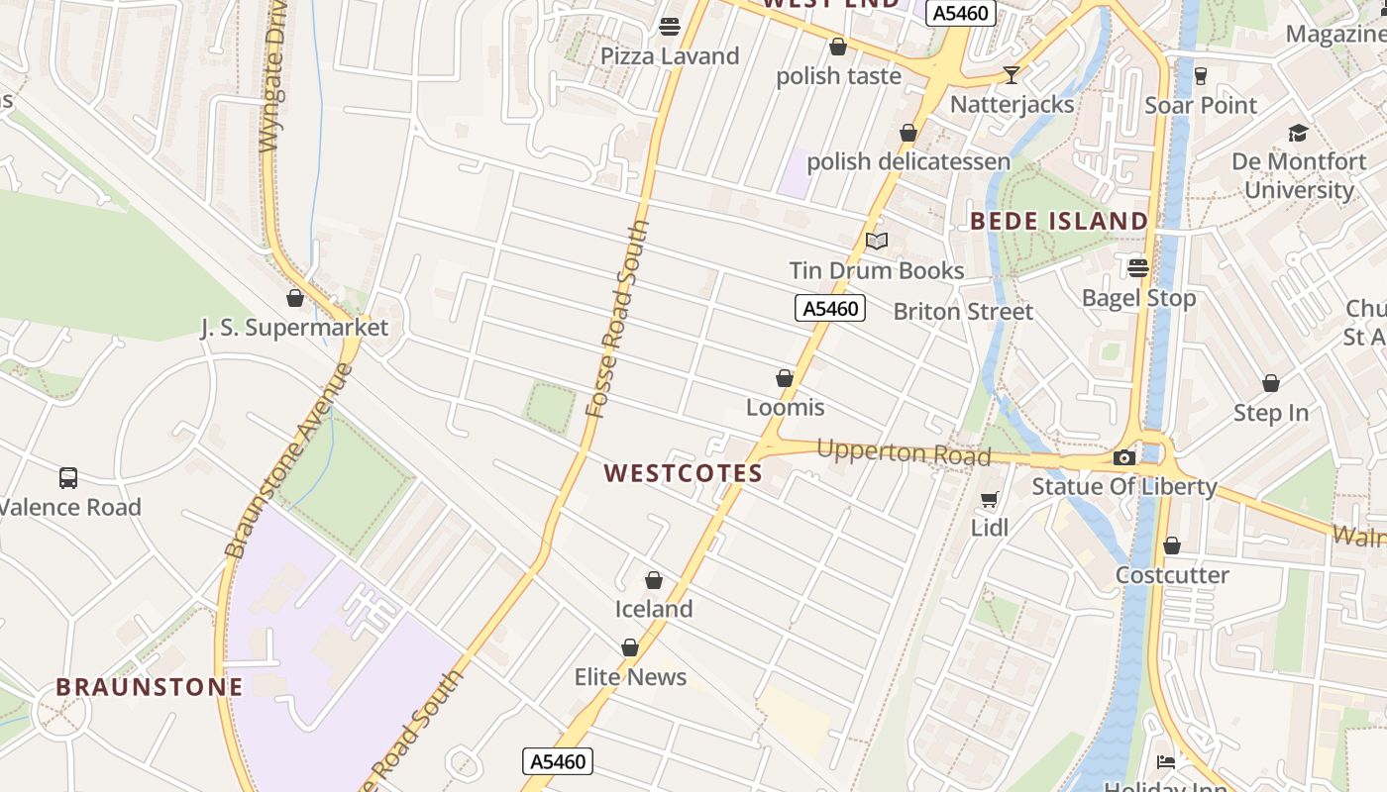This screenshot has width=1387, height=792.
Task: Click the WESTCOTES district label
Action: (x=684, y=473)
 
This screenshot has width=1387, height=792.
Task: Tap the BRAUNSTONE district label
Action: (x=150, y=687)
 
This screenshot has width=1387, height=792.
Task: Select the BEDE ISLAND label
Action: (x=1059, y=221)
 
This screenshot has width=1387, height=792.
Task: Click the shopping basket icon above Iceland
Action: (x=654, y=579)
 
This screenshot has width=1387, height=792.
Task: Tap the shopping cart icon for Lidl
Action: (x=989, y=499)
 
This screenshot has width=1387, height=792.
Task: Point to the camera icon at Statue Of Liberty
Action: (x=1123, y=457)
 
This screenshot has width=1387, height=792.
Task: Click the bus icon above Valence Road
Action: (x=68, y=478)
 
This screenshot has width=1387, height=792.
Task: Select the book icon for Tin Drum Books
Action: (x=877, y=241)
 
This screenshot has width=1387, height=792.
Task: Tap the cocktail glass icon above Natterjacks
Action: (x=1011, y=74)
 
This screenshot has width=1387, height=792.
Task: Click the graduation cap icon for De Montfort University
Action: (x=1298, y=133)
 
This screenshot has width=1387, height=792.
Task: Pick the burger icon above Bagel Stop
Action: (x=1137, y=267)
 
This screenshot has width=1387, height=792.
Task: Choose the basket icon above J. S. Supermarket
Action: (x=294, y=297)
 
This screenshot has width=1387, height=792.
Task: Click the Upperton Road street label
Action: (x=904, y=452)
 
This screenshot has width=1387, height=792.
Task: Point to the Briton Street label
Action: (x=963, y=311)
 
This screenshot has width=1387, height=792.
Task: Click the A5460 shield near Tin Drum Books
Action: (x=830, y=308)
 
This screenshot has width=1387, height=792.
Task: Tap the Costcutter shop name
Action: (x=1172, y=575)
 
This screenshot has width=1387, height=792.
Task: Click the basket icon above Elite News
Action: (x=630, y=647)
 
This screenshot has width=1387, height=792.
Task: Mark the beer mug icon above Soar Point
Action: (x=1201, y=75)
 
